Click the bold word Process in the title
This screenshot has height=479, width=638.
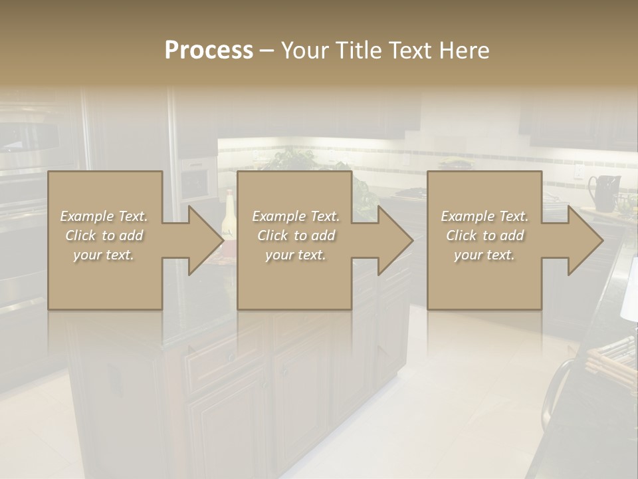tap(209, 51)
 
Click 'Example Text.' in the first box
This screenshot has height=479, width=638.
tap(104, 216)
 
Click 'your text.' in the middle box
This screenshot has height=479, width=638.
tap(295, 255)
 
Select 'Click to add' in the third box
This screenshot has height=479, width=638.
tap(484, 236)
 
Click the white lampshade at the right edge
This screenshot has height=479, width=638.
tap(629, 289)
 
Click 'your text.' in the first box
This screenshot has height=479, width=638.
tap(104, 255)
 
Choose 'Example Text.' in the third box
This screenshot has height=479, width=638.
tap(484, 216)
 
